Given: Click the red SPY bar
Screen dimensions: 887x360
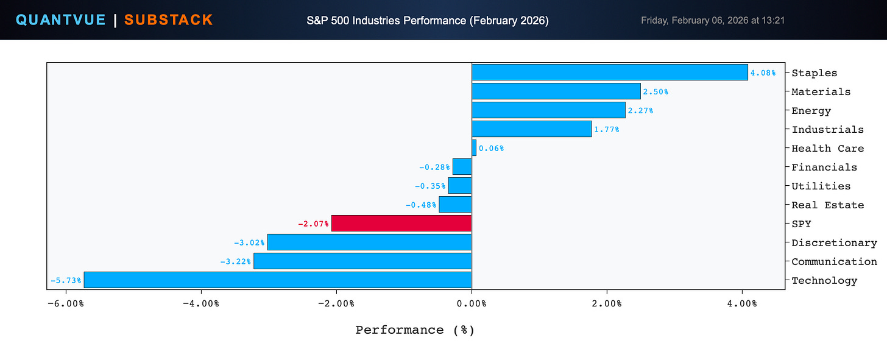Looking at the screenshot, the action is (x=401, y=224).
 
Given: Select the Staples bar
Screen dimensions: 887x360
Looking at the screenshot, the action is (x=610, y=72).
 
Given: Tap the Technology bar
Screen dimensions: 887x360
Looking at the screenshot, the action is (x=278, y=280).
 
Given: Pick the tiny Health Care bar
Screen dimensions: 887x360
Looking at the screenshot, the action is (x=474, y=148).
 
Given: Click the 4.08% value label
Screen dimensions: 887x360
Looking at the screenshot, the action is (x=763, y=73).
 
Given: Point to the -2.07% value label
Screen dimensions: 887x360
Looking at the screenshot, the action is (x=313, y=224).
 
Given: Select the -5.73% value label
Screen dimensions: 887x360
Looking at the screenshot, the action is (x=66, y=280).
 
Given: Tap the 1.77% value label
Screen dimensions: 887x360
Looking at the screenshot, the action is (x=607, y=130).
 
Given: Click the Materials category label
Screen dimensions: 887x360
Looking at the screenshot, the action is (x=821, y=92).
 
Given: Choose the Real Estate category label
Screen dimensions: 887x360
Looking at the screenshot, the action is (x=827, y=205).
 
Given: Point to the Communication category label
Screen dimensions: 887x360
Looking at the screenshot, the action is (x=835, y=262).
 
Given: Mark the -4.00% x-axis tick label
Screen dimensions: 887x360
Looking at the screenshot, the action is (x=201, y=304).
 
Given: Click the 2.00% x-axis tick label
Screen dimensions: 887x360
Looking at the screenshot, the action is (x=607, y=304).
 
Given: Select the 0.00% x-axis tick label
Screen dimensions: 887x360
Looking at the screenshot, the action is (x=472, y=304).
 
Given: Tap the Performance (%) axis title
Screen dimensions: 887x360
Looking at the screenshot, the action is (x=415, y=330).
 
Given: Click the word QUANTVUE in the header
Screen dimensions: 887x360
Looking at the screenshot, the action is (x=60, y=20).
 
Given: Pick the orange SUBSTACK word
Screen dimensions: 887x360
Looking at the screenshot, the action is (x=169, y=20).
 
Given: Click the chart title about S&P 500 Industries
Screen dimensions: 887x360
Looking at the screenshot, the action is (x=428, y=21).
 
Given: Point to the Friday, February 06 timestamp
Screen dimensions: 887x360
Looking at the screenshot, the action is (x=713, y=20).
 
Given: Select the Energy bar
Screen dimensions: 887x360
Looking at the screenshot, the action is (x=548, y=110).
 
